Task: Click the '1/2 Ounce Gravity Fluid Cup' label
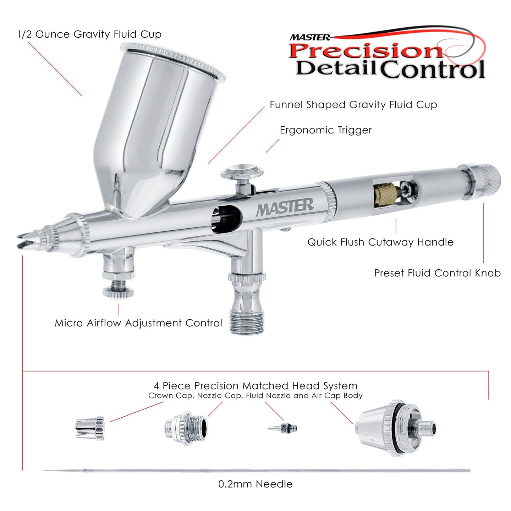[x=89, y=34]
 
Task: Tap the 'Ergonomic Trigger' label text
[x=325, y=130]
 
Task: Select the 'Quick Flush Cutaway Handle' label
[x=380, y=242]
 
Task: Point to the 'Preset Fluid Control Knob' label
[x=437, y=273]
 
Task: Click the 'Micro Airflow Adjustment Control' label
[x=138, y=323]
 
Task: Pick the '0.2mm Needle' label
[x=255, y=484]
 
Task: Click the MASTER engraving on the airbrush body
[x=285, y=207]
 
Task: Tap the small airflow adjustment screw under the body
[x=118, y=289]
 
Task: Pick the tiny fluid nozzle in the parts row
[x=283, y=428]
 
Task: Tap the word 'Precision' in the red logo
[x=366, y=50]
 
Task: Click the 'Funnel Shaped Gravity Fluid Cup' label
[x=353, y=105]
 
